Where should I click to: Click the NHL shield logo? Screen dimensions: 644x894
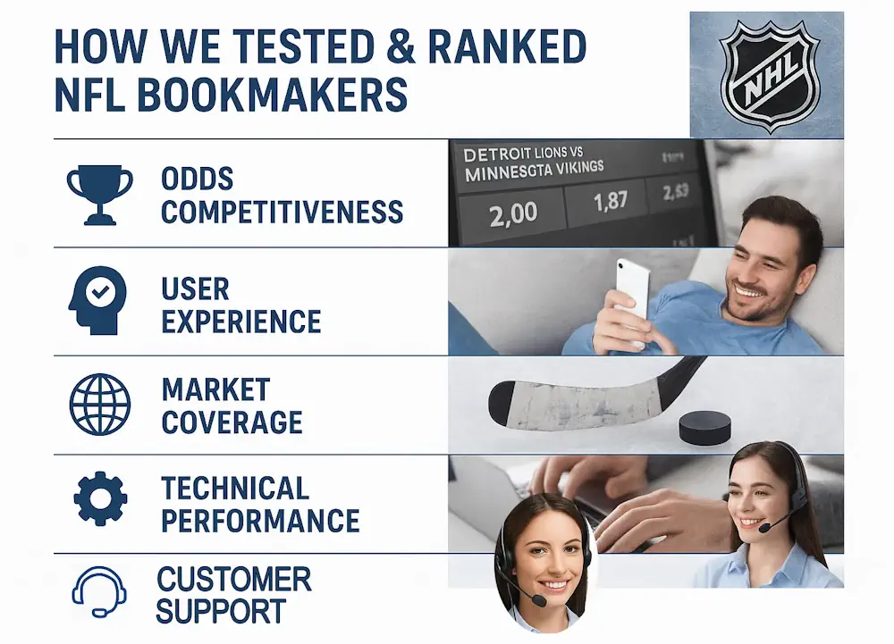(x=768, y=74)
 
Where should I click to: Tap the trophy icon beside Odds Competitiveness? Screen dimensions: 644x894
(x=99, y=195)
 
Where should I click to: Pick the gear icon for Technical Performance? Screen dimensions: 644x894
(x=99, y=499)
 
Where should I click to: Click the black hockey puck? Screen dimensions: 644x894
(x=704, y=428)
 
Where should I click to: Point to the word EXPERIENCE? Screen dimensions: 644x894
(x=240, y=320)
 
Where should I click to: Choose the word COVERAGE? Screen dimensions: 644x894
(x=232, y=422)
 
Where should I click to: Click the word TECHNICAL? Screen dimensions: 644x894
(x=235, y=488)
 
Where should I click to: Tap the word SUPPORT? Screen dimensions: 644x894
(x=220, y=612)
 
